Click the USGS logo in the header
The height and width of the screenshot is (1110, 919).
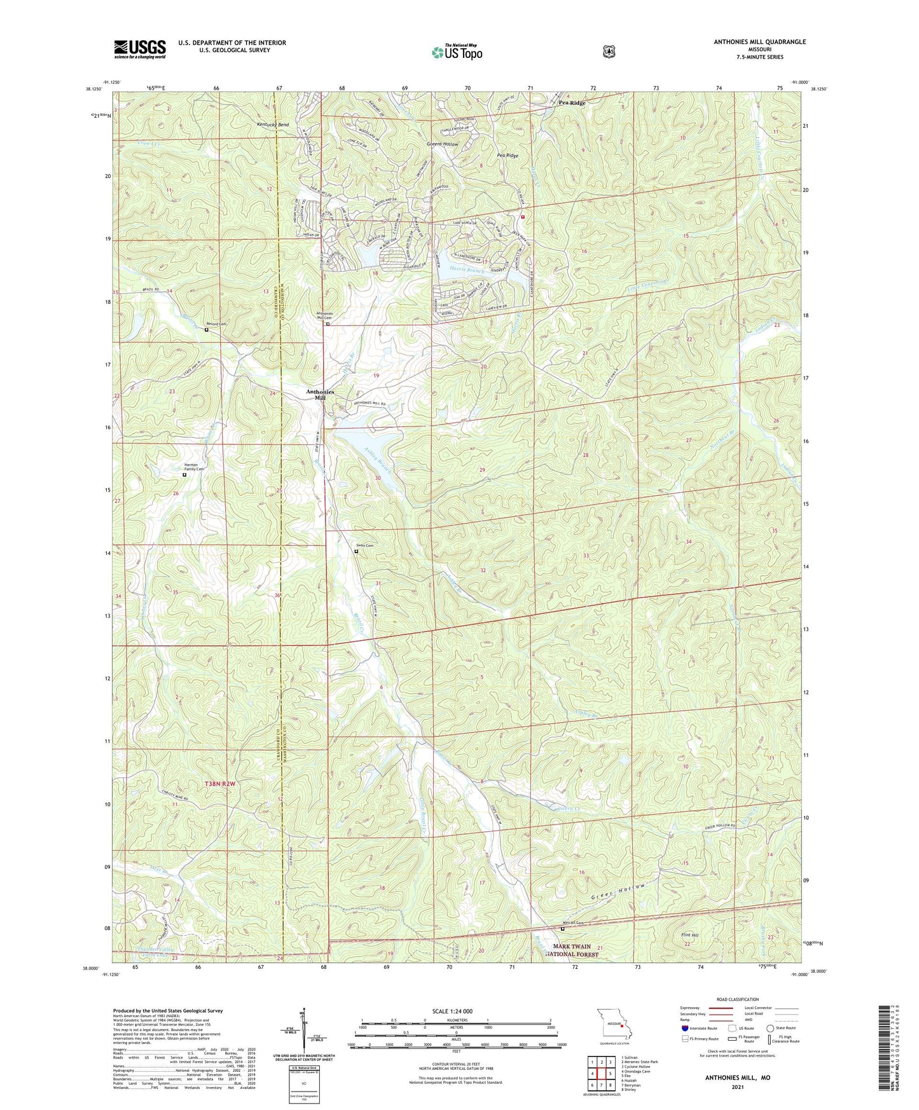140,49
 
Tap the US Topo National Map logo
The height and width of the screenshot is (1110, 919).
457,52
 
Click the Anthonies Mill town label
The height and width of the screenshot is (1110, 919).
320,394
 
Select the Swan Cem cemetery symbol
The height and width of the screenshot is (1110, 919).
356,551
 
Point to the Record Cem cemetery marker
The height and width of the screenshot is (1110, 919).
207,329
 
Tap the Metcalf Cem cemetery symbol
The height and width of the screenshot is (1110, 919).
562,928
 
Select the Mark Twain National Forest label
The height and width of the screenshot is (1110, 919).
572,950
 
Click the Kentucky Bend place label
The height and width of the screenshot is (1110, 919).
273,125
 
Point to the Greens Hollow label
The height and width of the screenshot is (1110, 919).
443,144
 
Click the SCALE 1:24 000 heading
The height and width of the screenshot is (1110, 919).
452,1011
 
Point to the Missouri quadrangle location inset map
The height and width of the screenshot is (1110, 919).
614,1025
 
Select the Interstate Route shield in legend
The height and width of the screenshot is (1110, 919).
684,1028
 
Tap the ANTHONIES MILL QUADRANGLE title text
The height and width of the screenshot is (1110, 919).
759,42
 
